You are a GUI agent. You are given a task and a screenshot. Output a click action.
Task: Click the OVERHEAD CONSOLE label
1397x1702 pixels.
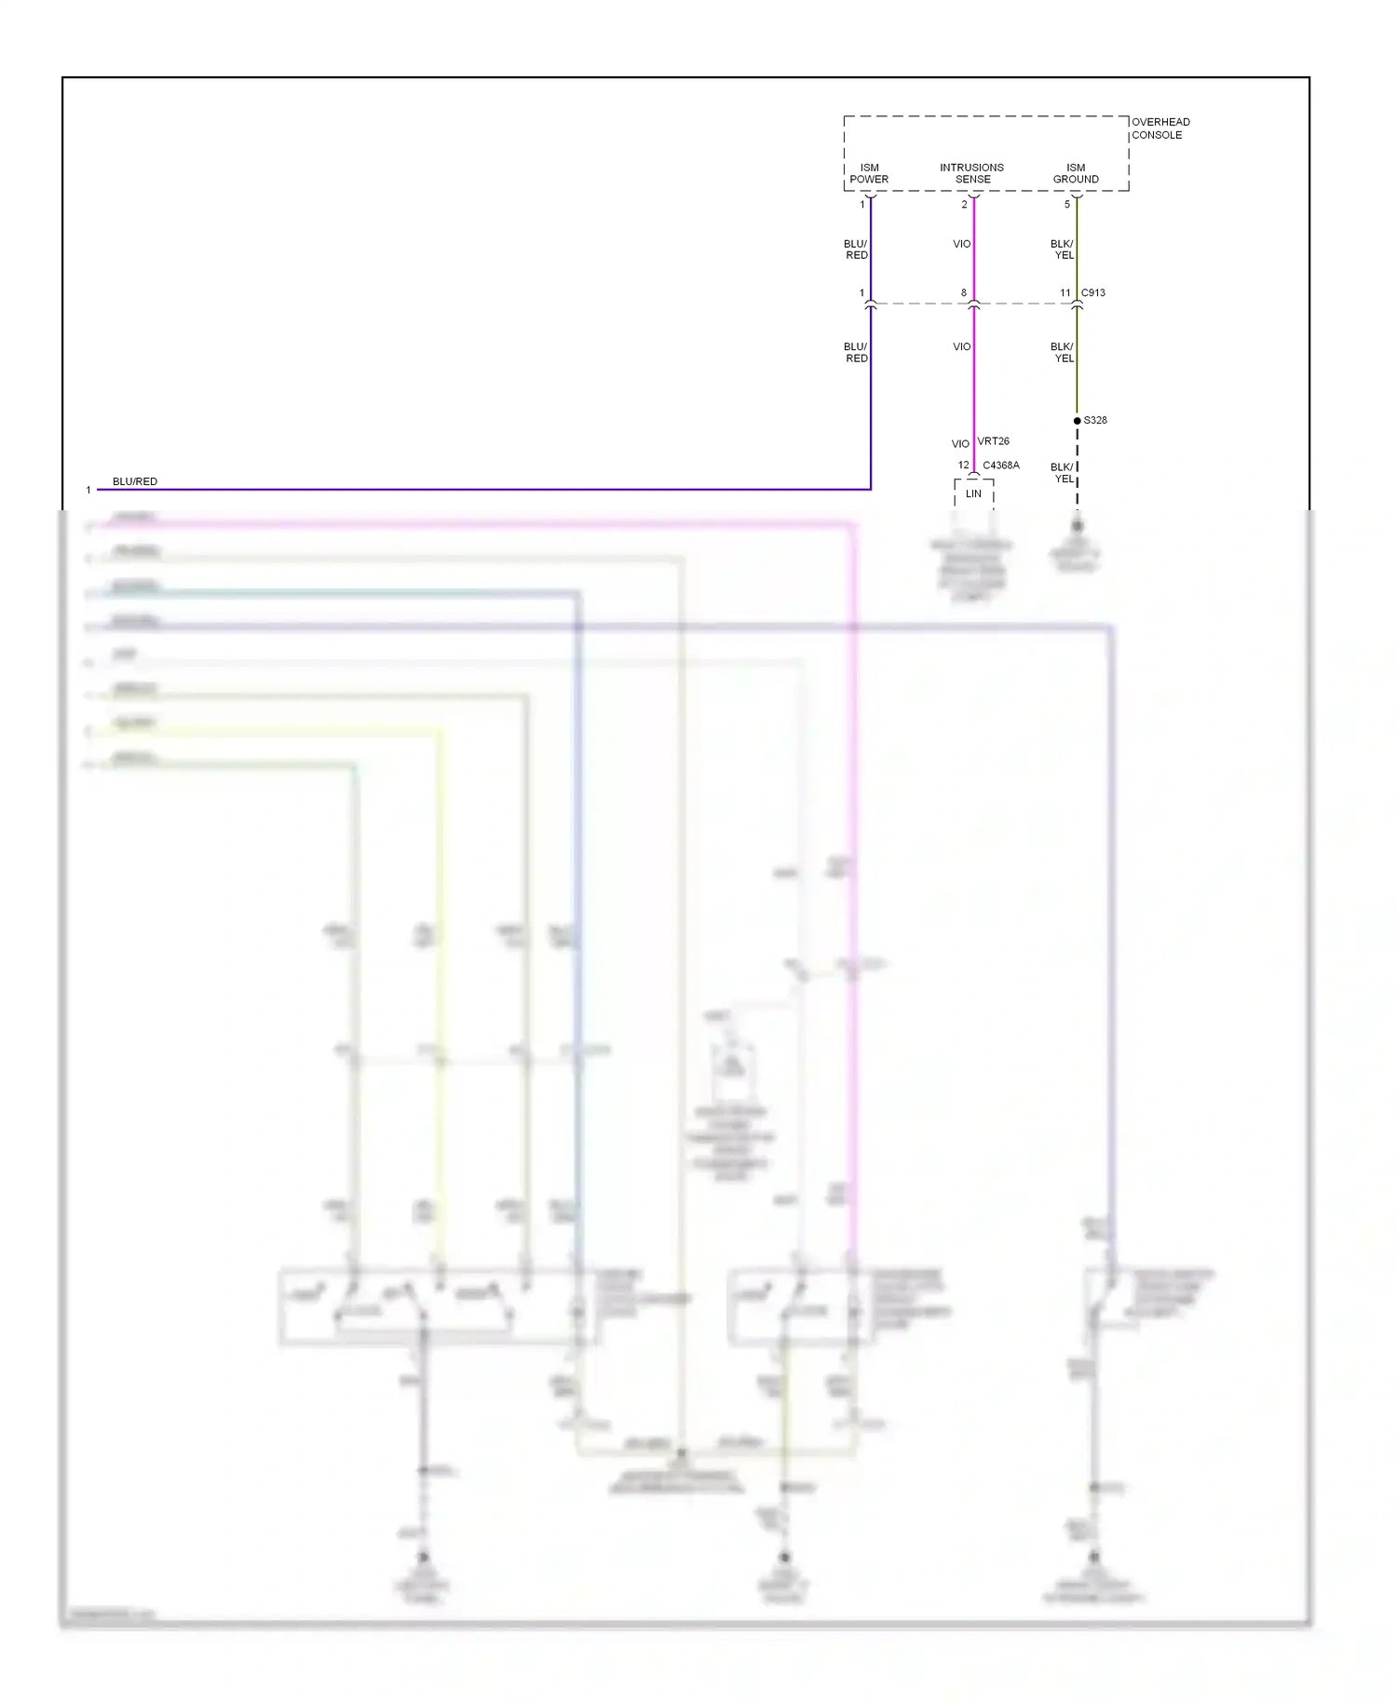click(x=1160, y=128)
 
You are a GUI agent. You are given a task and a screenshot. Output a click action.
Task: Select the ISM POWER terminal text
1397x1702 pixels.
click(x=869, y=173)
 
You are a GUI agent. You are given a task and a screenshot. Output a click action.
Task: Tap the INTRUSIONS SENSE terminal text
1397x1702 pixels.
click(x=971, y=173)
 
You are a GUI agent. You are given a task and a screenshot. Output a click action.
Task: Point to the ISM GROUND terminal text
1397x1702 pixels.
click(x=1076, y=173)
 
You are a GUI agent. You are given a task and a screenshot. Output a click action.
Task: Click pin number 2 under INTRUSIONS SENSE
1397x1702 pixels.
click(x=964, y=205)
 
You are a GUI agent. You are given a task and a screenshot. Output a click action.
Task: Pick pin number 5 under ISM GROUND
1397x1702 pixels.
click(x=1067, y=205)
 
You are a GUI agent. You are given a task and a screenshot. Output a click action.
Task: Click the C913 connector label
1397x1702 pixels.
click(x=1093, y=292)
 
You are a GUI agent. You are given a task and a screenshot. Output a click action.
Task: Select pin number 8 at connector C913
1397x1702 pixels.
click(x=964, y=293)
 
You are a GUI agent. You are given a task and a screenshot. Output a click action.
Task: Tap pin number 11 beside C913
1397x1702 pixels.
click(x=1065, y=293)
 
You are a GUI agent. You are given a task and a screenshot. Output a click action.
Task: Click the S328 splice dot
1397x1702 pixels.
click(x=1078, y=421)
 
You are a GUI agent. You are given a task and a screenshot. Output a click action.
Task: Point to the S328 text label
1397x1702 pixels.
click(x=1095, y=420)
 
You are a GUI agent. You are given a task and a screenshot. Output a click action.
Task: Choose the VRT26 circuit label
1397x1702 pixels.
click(x=993, y=441)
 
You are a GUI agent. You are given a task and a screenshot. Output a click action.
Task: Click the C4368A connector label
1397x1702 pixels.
click(x=1001, y=466)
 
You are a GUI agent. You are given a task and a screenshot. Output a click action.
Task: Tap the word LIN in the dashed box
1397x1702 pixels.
click(x=973, y=493)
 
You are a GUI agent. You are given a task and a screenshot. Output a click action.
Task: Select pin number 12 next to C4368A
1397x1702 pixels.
click(x=964, y=466)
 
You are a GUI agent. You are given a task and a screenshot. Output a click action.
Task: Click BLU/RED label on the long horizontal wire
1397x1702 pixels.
click(x=135, y=481)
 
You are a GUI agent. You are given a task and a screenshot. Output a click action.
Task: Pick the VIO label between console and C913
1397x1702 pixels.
click(x=962, y=244)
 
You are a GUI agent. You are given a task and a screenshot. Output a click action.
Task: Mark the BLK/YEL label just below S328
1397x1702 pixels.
click(x=1063, y=473)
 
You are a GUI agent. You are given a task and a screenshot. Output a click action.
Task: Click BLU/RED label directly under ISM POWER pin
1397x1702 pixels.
click(x=856, y=250)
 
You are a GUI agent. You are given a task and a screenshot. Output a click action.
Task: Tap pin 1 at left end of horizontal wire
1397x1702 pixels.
click(x=88, y=490)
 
